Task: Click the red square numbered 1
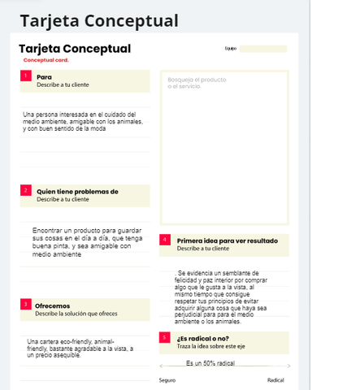pyautogui.click(x=26, y=76)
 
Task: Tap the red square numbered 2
pyautogui.click(x=26, y=191)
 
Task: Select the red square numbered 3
pyautogui.click(x=26, y=304)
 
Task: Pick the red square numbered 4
pyautogui.click(x=166, y=240)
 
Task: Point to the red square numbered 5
pyautogui.click(x=166, y=337)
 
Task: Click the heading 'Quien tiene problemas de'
pyautogui.click(x=77, y=192)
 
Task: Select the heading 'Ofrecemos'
pyautogui.click(x=52, y=305)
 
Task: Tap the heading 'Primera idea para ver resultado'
pyautogui.click(x=227, y=240)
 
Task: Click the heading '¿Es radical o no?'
pyautogui.click(x=202, y=338)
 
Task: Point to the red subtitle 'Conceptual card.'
pyautogui.click(x=46, y=60)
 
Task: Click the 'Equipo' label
pyautogui.click(x=230, y=49)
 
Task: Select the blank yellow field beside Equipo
pyautogui.click(x=262, y=49)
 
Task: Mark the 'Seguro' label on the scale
pyautogui.click(x=167, y=380)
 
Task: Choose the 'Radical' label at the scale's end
pyautogui.click(x=275, y=380)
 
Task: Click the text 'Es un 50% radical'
pyautogui.click(x=210, y=363)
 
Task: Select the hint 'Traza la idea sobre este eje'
pyautogui.click(x=211, y=346)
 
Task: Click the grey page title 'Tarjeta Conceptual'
pyautogui.click(x=99, y=19)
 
